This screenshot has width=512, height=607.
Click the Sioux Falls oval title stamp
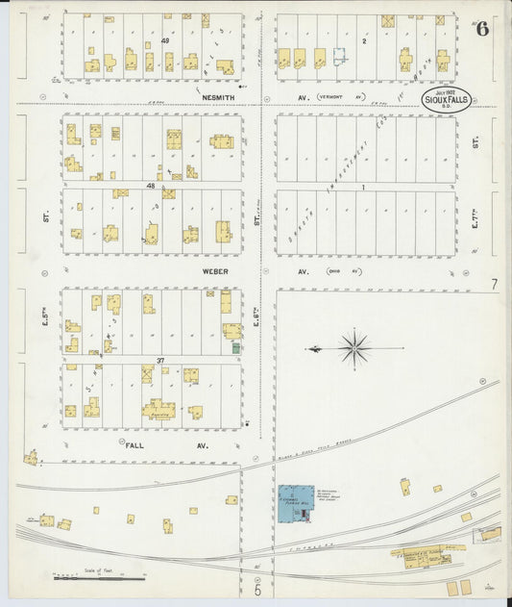tap(447, 99)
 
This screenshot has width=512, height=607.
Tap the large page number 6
tap(481, 28)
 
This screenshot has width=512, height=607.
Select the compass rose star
tap(354, 347)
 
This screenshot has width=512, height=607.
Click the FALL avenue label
tap(140, 445)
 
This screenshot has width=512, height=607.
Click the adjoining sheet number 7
tap(494, 284)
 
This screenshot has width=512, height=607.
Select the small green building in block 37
tap(235, 346)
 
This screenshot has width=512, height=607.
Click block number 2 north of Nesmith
tap(364, 41)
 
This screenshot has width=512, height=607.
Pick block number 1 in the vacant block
tap(364, 187)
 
